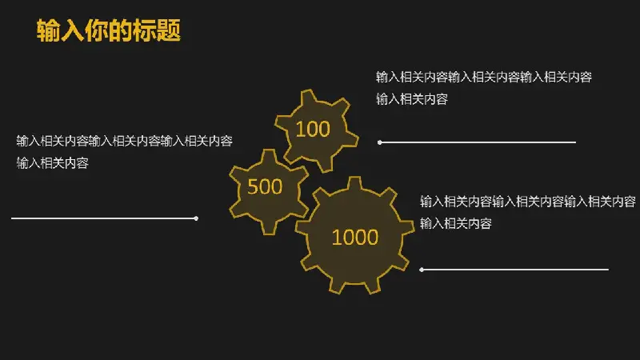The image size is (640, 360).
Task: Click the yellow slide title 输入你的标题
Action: point(109,30)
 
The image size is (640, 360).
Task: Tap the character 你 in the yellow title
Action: point(97,30)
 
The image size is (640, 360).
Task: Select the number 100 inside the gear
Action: point(313,129)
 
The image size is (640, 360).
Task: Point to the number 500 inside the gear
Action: point(265,187)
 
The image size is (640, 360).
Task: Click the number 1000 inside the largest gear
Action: point(355,237)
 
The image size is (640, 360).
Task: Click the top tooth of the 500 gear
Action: point(269,156)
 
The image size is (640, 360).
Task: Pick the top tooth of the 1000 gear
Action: point(354,183)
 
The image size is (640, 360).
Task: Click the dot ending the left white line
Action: point(196,218)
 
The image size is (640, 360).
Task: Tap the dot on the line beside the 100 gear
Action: point(379,142)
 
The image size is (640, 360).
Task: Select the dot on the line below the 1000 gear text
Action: point(422,270)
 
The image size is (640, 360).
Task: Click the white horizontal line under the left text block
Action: point(105,218)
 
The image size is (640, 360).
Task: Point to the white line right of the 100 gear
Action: point(477,142)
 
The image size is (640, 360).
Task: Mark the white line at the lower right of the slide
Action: point(514,270)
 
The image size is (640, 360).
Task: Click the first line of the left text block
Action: point(125,141)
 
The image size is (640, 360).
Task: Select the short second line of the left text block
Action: point(53,163)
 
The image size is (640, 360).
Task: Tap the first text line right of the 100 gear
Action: point(484,77)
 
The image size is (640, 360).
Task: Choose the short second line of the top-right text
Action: point(412,98)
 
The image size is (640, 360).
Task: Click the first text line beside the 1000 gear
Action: point(528,202)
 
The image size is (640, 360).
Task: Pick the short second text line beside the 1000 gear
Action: point(456,223)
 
